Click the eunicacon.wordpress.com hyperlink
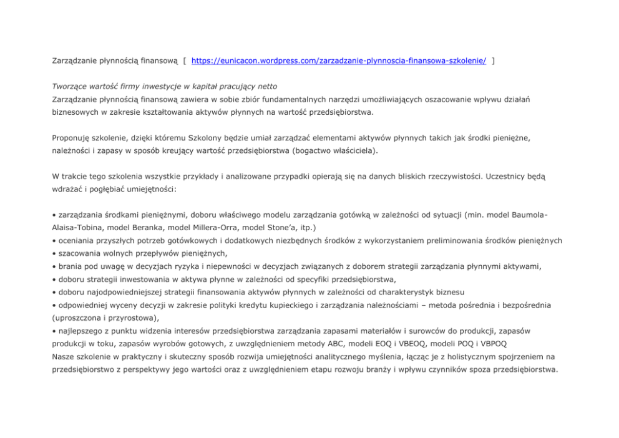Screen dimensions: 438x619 [x=339, y=61]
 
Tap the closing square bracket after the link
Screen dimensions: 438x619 [x=494, y=61]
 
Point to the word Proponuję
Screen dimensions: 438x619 [x=70, y=135]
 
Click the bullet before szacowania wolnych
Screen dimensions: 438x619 [x=54, y=253]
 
